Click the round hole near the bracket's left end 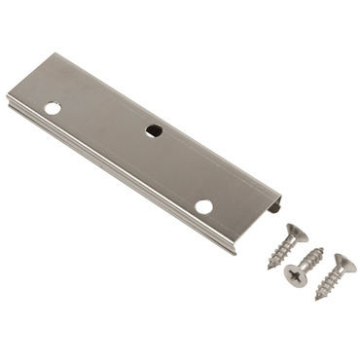pyautogui.click(x=53, y=108)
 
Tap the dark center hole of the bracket pyautogui.click(x=153, y=130)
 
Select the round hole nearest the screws pyautogui.click(x=202, y=206)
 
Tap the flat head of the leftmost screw pyautogui.click(x=294, y=233)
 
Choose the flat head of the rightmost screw pyautogui.click(x=342, y=263)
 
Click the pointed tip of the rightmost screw pyautogui.click(x=317, y=299)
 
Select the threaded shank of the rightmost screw pyautogui.click(x=329, y=282)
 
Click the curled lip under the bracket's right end pyautogui.click(x=276, y=206)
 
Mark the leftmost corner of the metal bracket pyautogui.click(x=9, y=94)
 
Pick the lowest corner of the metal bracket pyautogui.click(x=234, y=252)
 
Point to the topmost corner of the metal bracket pyautogui.click(x=56, y=54)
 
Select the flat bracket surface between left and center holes pyautogui.click(x=102, y=119)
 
